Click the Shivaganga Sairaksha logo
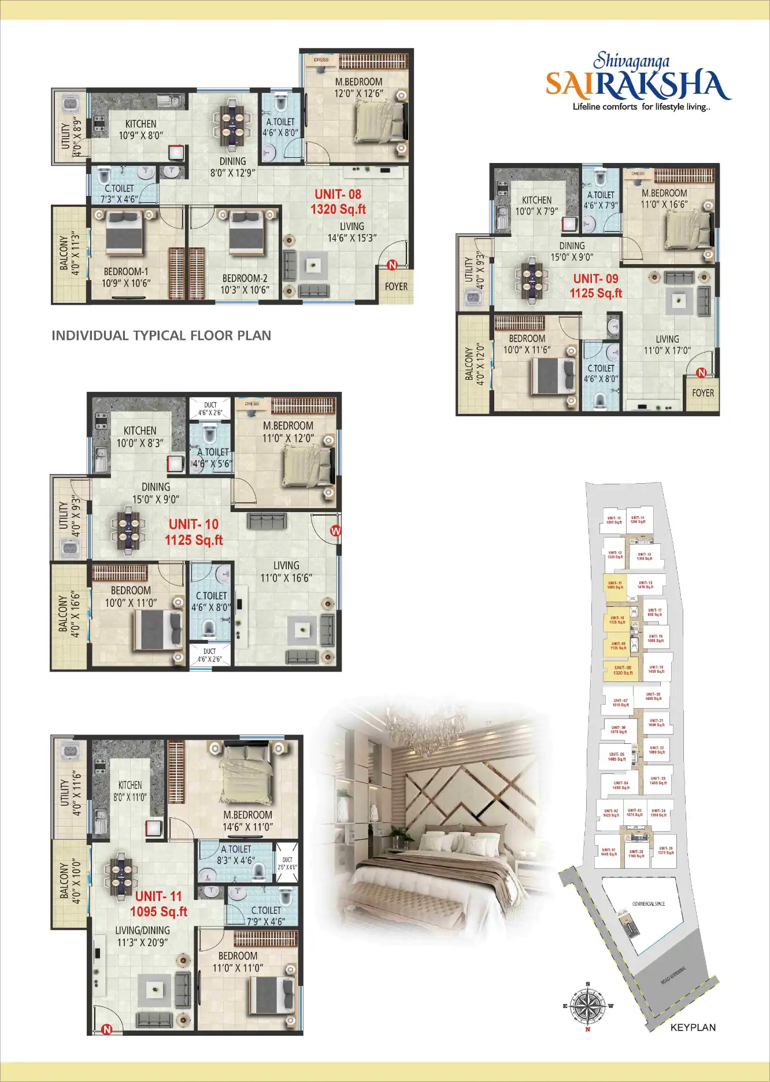(638, 83)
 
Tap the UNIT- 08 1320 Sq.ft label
(338, 202)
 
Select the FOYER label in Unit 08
(396, 286)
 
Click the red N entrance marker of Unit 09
(701, 373)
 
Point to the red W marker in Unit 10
(335, 531)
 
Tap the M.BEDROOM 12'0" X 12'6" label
(358, 87)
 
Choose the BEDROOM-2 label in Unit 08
(245, 284)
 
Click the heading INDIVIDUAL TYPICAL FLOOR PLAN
(161, 335)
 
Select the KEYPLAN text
(693, 1027)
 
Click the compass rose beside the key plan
(588, 1006)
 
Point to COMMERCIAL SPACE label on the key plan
(648, 903)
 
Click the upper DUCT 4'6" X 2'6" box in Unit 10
(210, 409)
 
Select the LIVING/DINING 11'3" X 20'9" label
(142, 936)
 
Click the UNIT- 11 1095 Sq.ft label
(158, 903)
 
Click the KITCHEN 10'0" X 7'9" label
(536, 205)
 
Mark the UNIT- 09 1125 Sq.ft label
(595, 286)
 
